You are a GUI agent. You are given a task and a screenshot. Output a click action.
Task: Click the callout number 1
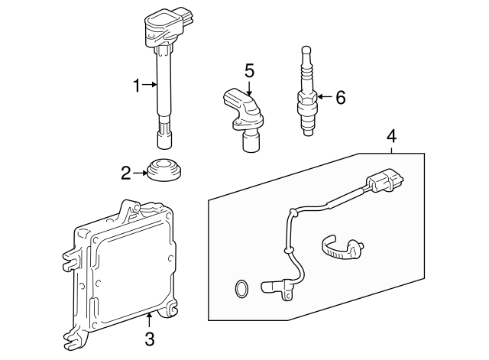click(x=137, y=86)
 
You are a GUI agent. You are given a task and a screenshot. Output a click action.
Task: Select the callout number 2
click(x=127, y=174)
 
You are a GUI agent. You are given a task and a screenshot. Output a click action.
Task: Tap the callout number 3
click(x=150, y=339)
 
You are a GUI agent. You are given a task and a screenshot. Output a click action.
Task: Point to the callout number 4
click(x=392, y=137)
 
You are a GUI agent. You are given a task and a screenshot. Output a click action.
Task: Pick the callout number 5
click(x=249, y=71)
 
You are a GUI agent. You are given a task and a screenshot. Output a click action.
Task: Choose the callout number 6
click(x=340, y=97)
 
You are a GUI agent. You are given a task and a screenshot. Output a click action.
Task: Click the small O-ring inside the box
click(x=240, y=289)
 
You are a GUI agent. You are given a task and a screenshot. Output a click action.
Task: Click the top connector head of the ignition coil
click(x=164, y=28)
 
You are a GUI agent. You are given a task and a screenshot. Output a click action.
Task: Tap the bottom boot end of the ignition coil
click(x=164, y=138)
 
